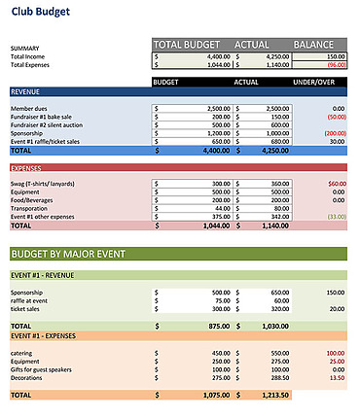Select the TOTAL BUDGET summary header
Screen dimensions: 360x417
[x=193, y=44]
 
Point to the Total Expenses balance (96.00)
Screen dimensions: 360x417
[x=336, y=65]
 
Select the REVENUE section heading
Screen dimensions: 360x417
[x=26, y=92]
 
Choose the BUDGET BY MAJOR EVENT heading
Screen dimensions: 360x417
[x=68, y=254]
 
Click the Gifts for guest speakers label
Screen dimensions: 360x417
[x=45, y=369]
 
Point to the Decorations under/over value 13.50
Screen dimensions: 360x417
[x=337, y=377]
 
